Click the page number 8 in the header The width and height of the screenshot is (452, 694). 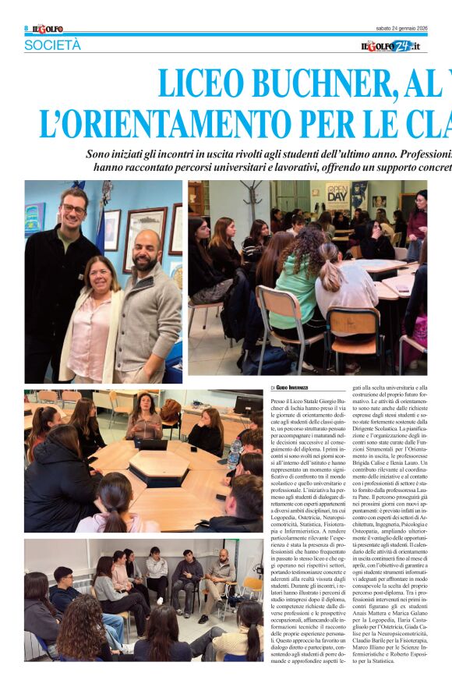(26, 28)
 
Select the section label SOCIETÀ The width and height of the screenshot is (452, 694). (52, 45)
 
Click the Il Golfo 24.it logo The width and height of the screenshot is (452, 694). (394, 46)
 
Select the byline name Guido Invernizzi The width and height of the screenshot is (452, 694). (292, 388)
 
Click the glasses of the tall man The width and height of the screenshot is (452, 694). (74, 209)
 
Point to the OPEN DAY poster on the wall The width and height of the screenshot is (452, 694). (337, 196)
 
